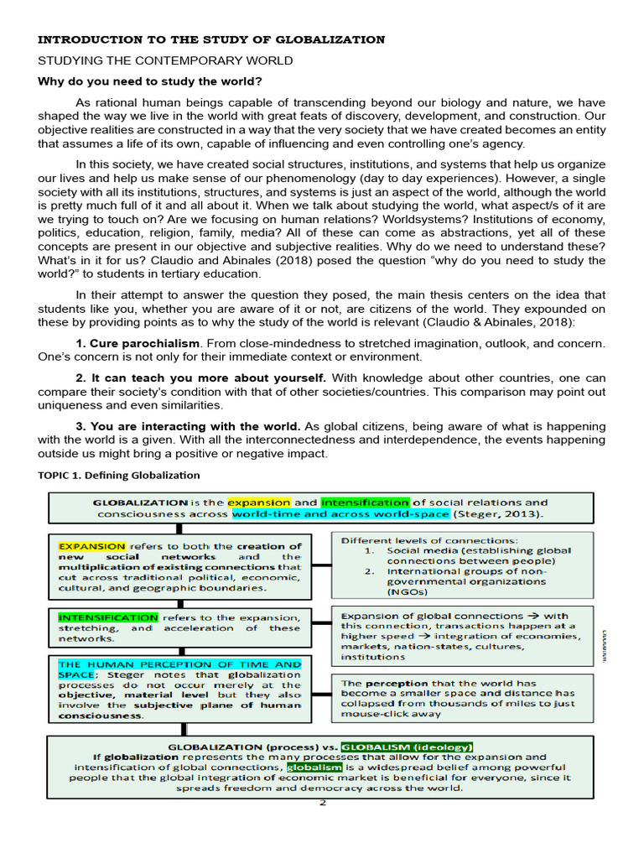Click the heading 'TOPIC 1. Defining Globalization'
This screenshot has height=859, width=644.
coord(119,475)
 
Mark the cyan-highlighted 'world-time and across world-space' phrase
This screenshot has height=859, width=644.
coord(341,513)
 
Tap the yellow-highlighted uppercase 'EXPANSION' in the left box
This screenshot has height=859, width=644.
coord(91,545)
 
